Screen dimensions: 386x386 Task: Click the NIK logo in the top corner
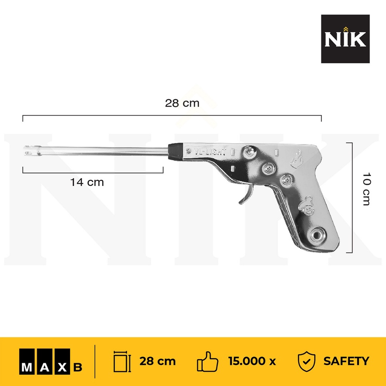click(x=345, y=39)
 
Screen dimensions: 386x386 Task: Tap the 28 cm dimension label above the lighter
click(x=182, y=103)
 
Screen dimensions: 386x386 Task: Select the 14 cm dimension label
click(x=87, y=182)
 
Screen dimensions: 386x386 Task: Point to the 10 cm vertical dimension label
click(x=366, y=189)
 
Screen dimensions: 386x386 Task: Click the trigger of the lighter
click(x=246, y=195)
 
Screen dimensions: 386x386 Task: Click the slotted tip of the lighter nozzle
click(x=31, y=150)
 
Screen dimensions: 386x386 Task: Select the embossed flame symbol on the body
click(x=296, y=159)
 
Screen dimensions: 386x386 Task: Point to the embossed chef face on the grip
click(x=306, y=205)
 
